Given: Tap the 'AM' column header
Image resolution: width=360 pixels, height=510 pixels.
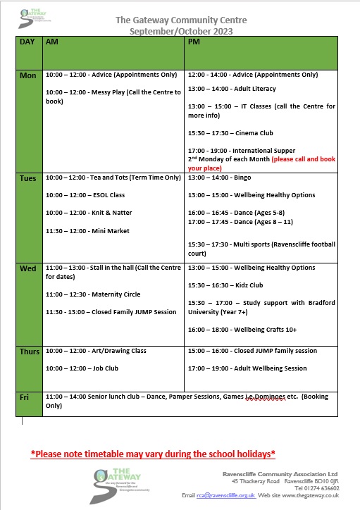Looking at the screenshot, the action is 51,42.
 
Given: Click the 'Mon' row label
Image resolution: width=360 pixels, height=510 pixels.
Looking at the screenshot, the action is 27,75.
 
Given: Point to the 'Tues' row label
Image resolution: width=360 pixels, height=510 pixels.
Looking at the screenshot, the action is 29,178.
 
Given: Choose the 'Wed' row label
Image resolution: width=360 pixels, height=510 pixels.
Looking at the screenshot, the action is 28,268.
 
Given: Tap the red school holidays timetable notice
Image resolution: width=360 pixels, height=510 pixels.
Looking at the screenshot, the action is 153,454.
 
